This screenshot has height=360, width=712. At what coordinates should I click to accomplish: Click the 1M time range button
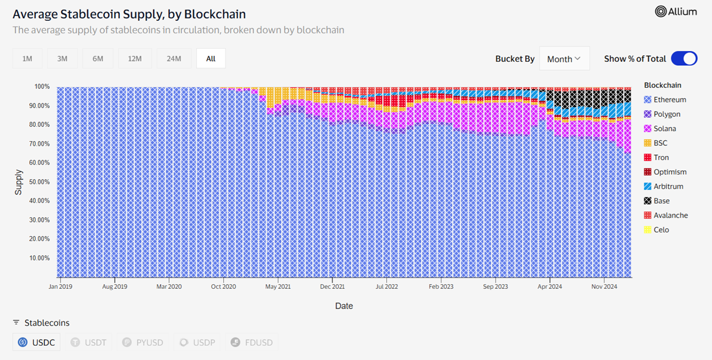[x=27, y=59]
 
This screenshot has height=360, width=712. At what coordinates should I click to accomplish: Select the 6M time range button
[x=98, y=59]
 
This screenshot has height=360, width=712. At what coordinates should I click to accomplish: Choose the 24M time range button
[x=174, y=59]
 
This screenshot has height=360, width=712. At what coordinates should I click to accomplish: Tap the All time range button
[x=211, y=59]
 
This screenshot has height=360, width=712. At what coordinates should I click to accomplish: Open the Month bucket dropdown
[x=564, y=59]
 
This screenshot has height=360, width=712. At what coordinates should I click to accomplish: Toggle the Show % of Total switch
[x=684, y=59]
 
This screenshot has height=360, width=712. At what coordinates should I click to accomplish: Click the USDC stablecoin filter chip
[x=36, y=342]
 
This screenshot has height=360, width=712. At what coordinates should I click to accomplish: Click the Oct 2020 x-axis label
[x=224, y=286]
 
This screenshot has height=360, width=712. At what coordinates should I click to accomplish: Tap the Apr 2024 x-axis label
[x=550, y=286]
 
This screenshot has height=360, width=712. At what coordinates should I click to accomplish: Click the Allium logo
[x=676, y=11]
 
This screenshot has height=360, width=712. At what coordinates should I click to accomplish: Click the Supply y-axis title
[x=19, y=182]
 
